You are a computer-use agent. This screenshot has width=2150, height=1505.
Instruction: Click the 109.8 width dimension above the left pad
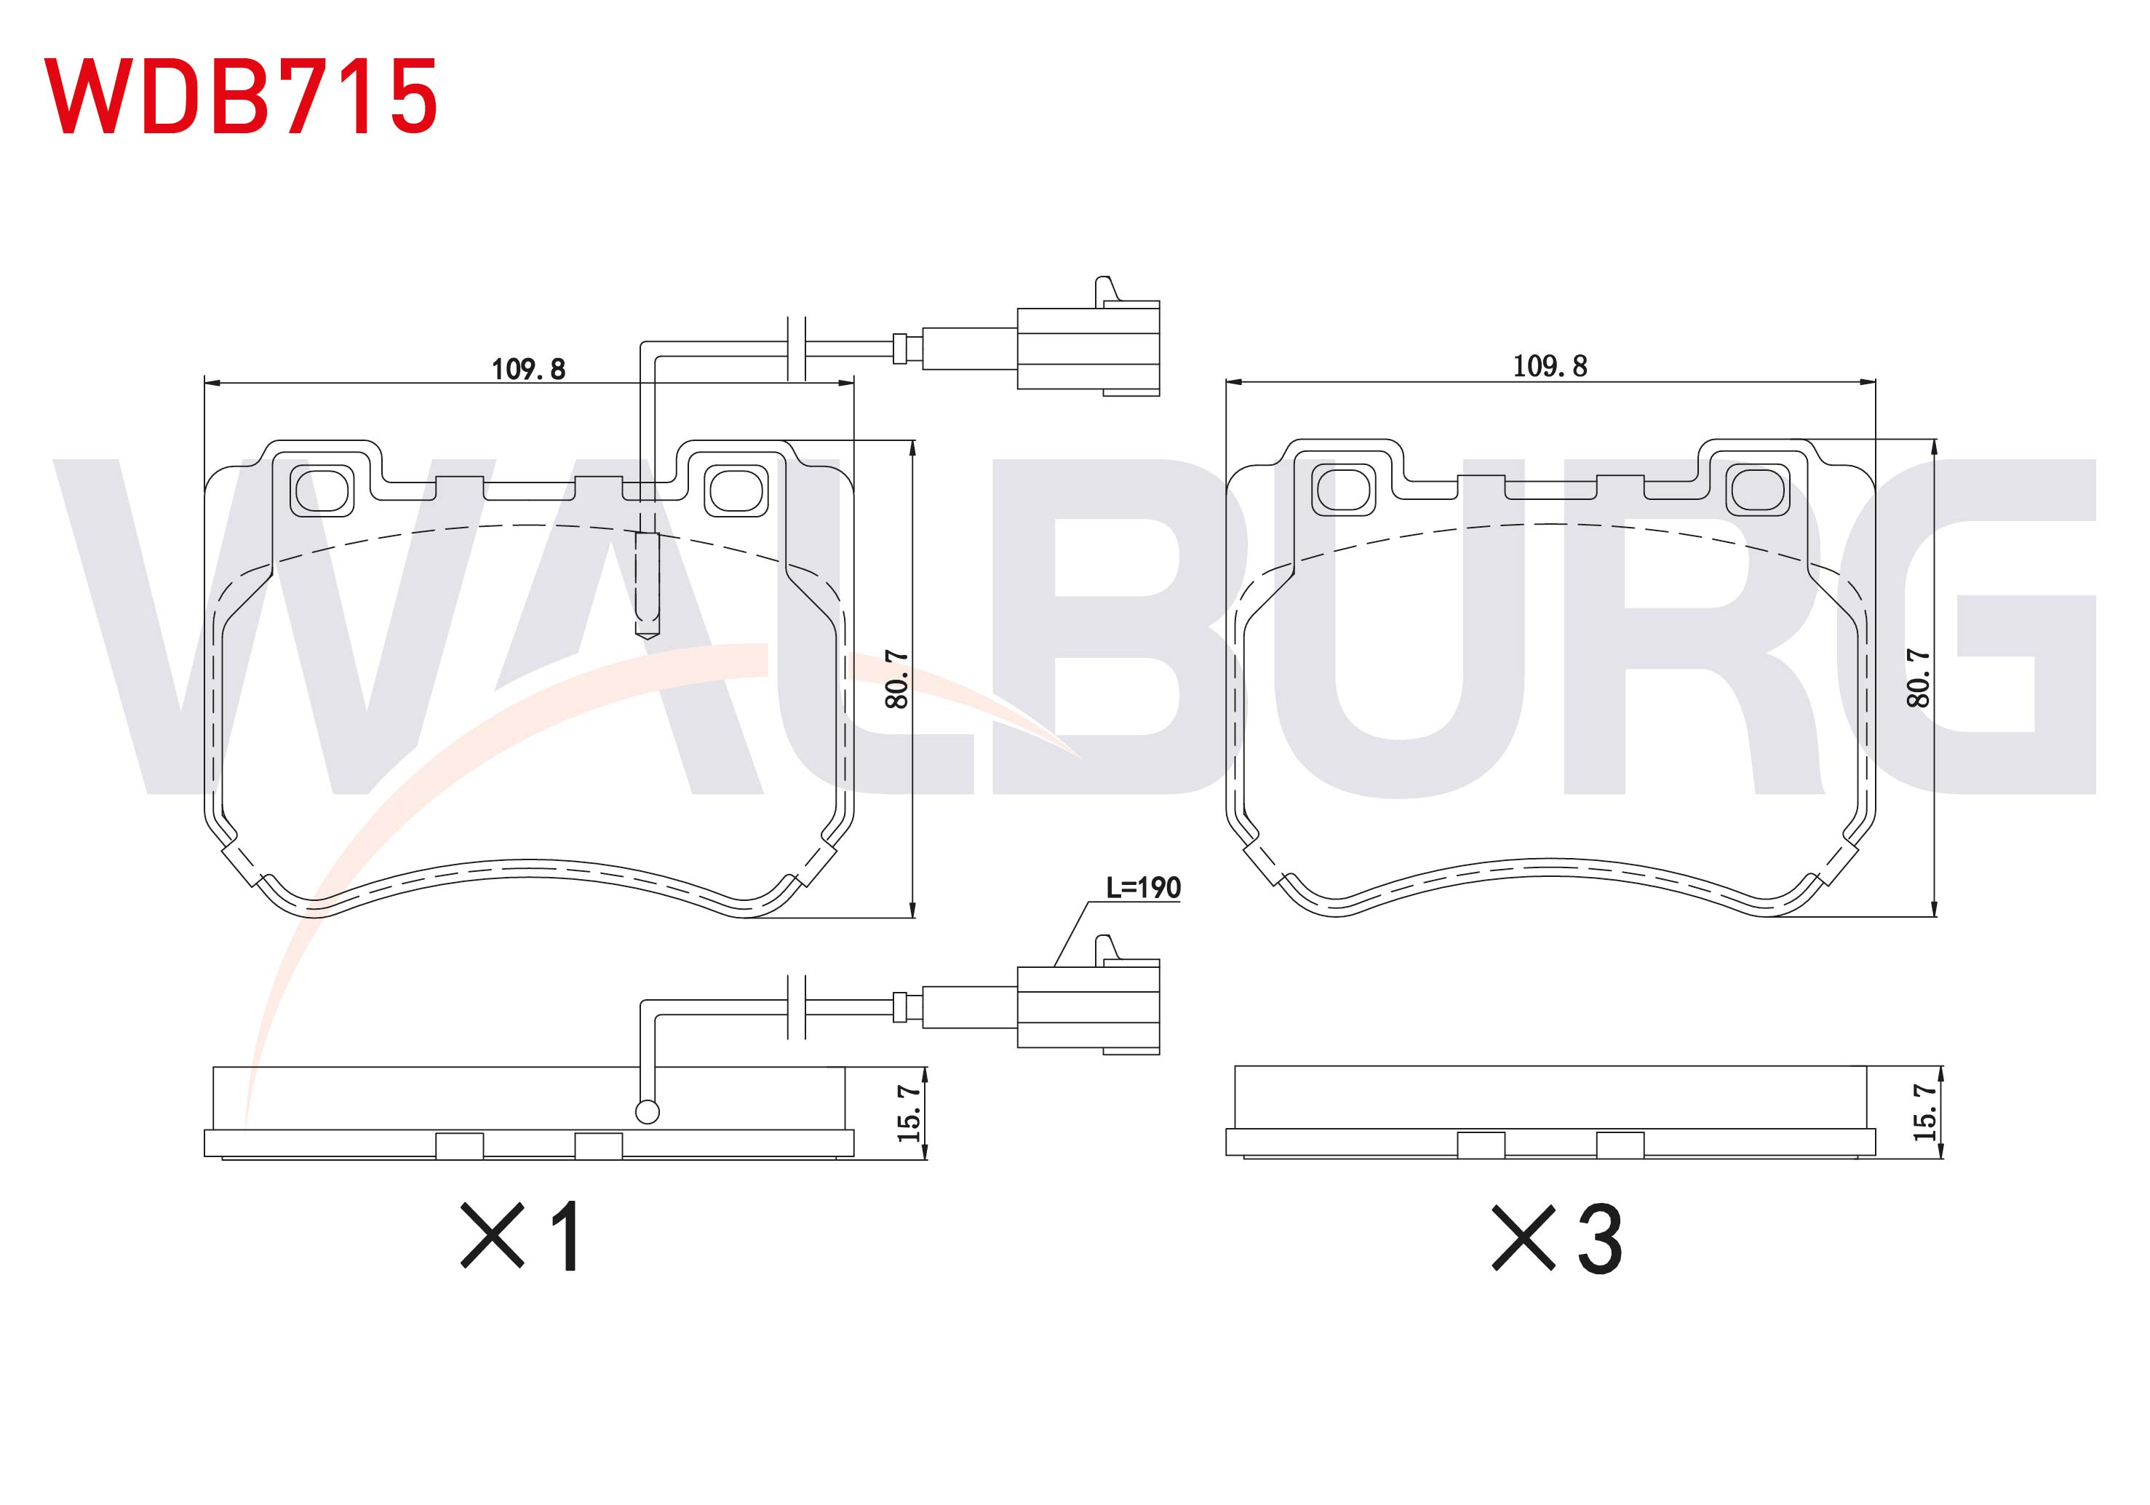click(x=529, y=369)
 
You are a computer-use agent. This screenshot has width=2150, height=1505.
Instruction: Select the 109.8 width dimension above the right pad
click(x=1550, y=366)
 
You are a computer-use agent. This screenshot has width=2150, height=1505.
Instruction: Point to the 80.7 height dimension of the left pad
click(x=897, y=679)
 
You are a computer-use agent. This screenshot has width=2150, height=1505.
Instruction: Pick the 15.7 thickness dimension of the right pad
click(x=1925, y=1112)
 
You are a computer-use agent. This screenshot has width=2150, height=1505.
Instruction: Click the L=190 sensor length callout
click(x=1143, y=887)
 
